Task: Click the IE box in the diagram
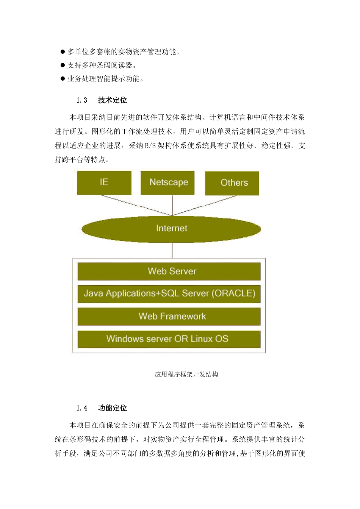[x=104, y=183]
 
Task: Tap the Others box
[x=232, y=183]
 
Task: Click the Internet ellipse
[x=171, y=228]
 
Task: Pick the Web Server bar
[x=169, y=271]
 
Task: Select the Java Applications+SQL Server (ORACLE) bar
[x=169, y=294]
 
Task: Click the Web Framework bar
[x=169, y=317]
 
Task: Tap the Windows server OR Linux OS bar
[x=169, y=339]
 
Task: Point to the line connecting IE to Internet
[x=136, y=205]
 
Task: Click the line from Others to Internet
[x=205, y=205]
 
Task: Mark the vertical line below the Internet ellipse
[x=172, y=250]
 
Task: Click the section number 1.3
[x=81, y=100]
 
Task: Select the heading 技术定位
[x=113, y=100]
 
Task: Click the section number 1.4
[x=81, y=408]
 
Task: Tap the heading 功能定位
[x=113, y=408]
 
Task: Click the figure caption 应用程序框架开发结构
[x=186, y=375]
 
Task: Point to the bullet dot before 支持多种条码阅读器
[x=63, y=65]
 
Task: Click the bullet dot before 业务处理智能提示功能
[x=63, y=79]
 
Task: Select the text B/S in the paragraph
[x=150, y=146]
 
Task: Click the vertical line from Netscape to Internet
[x=173, y=205]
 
